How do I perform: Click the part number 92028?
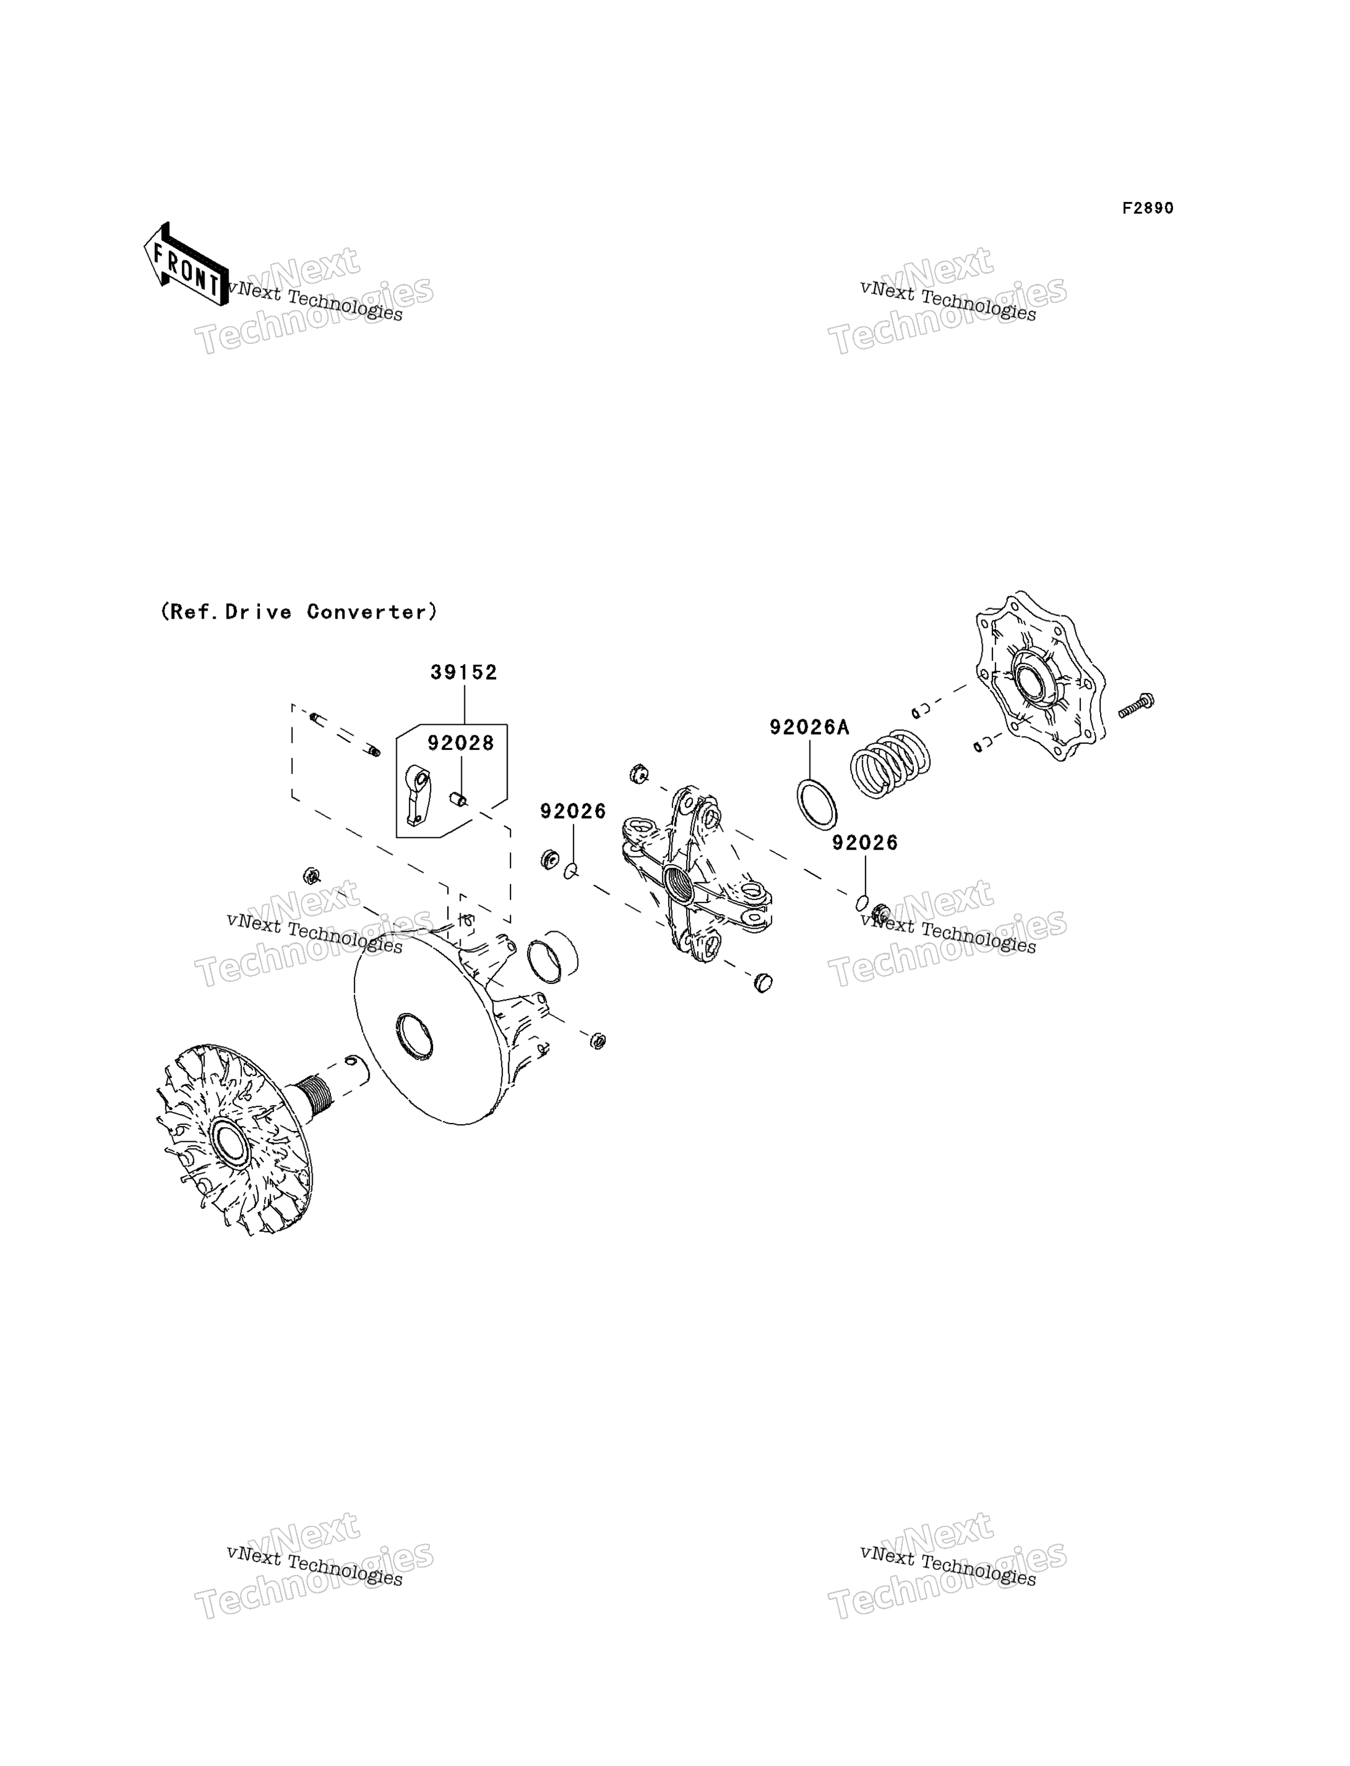461,743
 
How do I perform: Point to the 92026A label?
809,727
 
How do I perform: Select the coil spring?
889,764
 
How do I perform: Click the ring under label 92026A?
816,803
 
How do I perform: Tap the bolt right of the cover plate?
1136,704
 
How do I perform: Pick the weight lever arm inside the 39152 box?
418,795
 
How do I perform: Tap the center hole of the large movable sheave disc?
415,1036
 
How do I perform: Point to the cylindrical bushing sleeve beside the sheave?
552,957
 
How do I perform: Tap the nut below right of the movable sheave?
597,1041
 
